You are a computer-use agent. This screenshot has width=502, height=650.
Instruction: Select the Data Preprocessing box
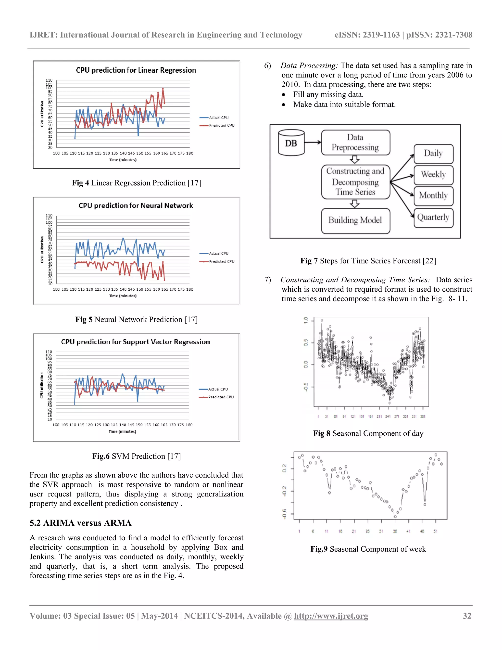point(355,143)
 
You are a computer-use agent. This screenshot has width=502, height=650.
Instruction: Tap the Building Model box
point(355,221)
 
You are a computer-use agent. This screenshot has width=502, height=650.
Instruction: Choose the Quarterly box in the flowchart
point(433,217)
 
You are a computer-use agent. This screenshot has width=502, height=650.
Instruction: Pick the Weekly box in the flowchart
point(433,174)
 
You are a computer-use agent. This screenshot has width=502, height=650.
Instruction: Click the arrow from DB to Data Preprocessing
point(313,142)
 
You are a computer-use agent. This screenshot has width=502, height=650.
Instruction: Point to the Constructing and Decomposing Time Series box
point(355,182)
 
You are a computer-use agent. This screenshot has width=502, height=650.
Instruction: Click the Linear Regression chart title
point(136,70)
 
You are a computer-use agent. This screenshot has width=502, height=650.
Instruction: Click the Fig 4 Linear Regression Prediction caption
point(137,183)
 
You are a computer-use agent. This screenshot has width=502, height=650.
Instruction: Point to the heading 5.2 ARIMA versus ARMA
point(80,523)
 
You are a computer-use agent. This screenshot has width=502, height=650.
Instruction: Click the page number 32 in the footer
point(467,616)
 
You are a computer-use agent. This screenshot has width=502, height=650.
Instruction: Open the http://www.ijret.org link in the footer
point(331,616)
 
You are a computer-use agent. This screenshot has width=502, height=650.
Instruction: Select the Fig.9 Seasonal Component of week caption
point(368,549)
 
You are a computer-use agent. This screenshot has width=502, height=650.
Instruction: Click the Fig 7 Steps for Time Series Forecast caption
point(368,261)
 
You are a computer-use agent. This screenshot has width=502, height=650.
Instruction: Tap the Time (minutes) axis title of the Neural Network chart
point(123,296)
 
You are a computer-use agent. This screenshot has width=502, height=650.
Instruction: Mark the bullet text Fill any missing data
point(328,94)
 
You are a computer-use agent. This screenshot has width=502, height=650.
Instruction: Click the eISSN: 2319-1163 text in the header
point(367,35)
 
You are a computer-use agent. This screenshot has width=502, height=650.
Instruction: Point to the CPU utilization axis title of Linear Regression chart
point(42,114)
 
